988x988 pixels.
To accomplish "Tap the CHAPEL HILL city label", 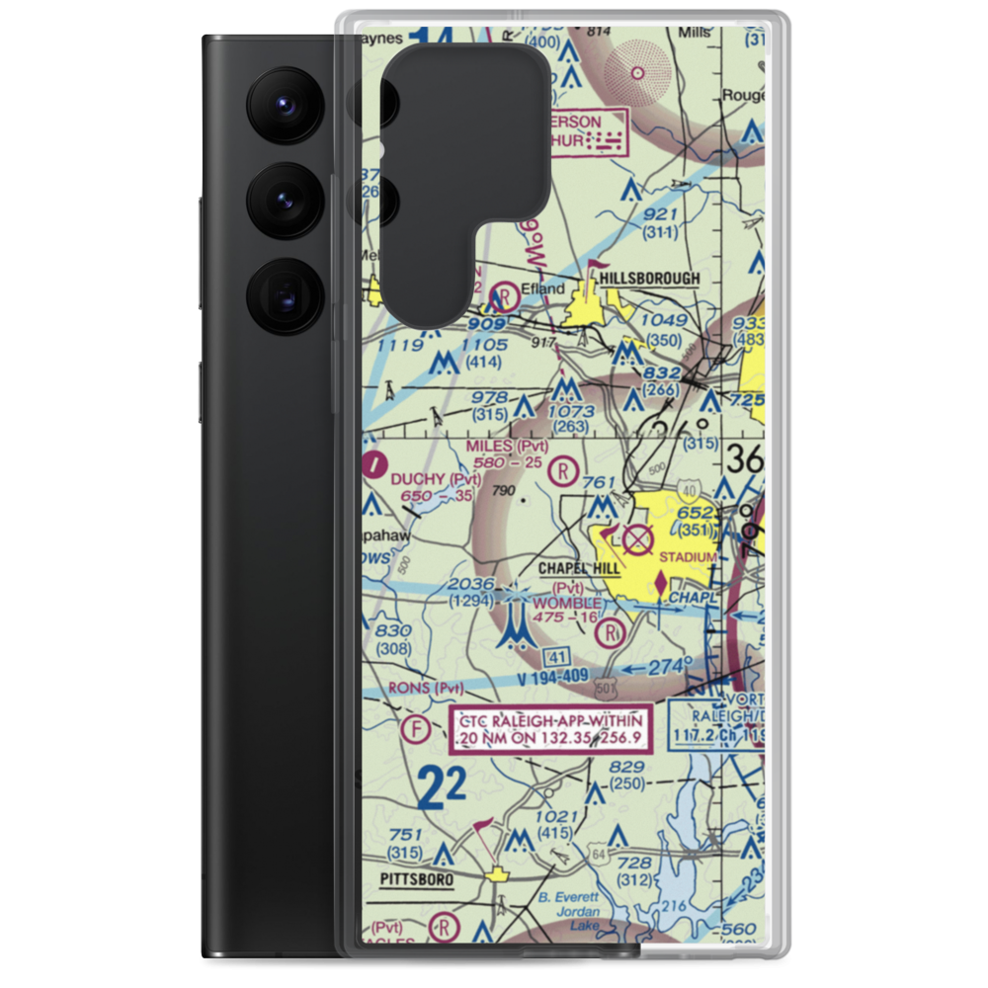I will pyautogui.click(x=579, y=569).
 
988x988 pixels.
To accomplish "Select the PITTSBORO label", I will pyautogui.click(x=417, y=878).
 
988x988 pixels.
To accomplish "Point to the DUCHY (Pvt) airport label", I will pyautogui.click(x=435, y=479).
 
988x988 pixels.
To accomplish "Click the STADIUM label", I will pyautogui.click(x=689, y=558).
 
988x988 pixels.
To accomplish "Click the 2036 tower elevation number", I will pyautogui.click(x=470, y=584).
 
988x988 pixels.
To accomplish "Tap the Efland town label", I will pyautogui.click(x=544, y=289).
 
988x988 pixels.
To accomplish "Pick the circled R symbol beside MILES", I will pyautogui.click(x=563, y=470).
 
